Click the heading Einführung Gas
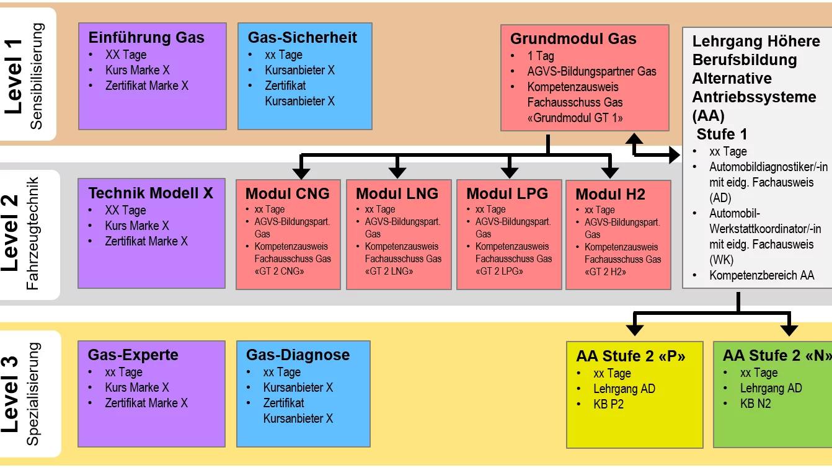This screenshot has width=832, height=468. pos(146,37)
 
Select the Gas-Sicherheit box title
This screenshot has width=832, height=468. pos(303,37)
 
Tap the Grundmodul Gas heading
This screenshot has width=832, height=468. pos(573,38)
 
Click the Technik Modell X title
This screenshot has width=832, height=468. pos(151,193)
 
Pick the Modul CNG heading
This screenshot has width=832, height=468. pos(288,193)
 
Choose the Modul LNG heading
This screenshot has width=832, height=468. pos(397,193)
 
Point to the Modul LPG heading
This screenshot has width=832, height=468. pos(507,193)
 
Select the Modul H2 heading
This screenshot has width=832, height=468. pos(610,194)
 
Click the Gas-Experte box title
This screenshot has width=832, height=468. pos(133,355)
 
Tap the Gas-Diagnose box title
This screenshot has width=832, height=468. pos(298,355)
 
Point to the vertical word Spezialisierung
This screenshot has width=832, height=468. pos(34,394)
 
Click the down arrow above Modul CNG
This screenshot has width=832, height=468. pos(301,169)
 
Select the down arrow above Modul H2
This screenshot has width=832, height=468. pos(610,169)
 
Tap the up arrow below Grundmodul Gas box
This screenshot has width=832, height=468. pos(634,140)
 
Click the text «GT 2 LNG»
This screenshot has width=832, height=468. pos(387,271)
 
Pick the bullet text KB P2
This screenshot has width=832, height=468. pos(608,404)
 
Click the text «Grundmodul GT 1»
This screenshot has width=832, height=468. pos(575,118)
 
